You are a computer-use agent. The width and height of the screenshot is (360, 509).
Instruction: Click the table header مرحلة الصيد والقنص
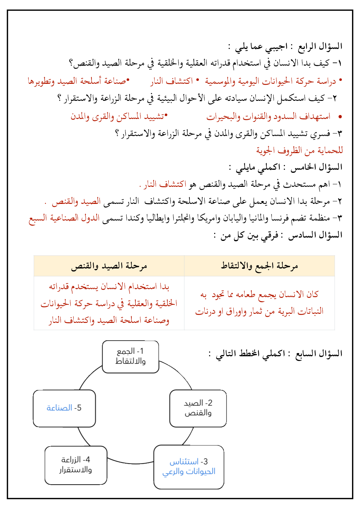pyautogui.click(x=109, y=266)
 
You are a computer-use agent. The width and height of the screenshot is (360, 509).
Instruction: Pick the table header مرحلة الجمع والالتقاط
pyautogui.click(x=259, y=266)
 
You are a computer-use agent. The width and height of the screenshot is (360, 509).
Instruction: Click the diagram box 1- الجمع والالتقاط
pyautogui.click(x=131, y=357)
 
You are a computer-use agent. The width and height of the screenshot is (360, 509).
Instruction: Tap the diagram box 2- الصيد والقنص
pyautogui.click(x=198, y=408)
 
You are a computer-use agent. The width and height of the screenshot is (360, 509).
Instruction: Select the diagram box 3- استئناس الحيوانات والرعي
pyautogui.click(x=189, y=467)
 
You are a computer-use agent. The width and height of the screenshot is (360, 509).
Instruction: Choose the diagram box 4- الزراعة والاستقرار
pyautogui.click(x=76, y=465)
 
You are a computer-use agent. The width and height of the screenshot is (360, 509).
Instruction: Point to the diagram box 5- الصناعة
pyautogui.click(x=64, y=408)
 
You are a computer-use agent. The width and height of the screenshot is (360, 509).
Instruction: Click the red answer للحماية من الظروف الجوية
pyautogui.click(x=299, y=150)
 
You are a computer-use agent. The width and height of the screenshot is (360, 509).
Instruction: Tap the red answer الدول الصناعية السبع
pyautogui.click(x=65, y=218)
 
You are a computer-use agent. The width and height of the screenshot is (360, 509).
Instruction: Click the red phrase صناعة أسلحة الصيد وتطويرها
pyautogui.click(x=78, y=81)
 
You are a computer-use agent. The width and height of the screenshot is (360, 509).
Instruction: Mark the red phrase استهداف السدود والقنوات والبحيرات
pyautogui.click(x=269, y=116)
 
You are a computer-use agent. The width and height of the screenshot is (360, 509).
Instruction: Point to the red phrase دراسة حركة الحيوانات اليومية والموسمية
pyautogui.click(x=270, y=81)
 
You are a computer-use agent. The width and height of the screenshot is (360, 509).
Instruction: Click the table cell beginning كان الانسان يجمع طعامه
pyautogui.click(x=259, y=303)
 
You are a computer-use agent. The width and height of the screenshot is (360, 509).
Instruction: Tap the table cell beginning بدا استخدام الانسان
pyautogui.click(x=109, y=303)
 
